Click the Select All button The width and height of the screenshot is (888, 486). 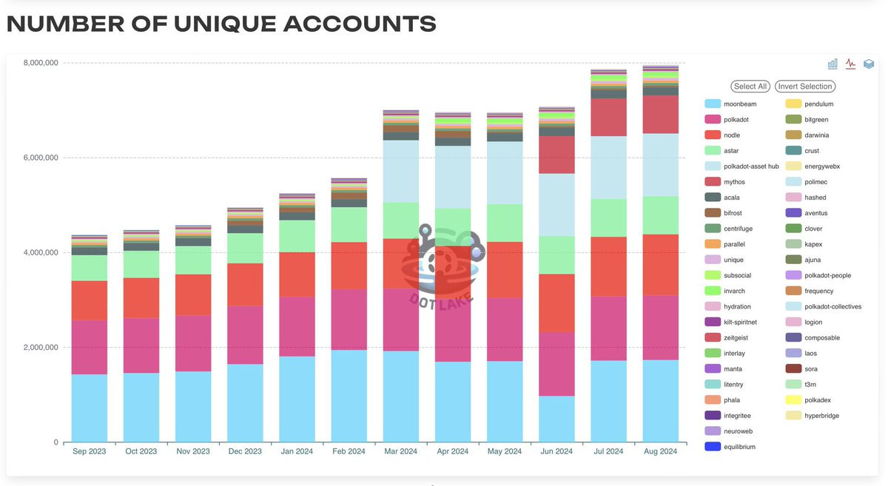click(750, 87)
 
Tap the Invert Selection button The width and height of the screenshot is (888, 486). click(805, 87)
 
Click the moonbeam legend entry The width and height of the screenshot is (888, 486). click(739, 104)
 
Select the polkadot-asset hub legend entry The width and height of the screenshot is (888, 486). click(750, 166)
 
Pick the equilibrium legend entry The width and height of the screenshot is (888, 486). click(739, 447)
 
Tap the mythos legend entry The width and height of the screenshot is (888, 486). click(735, 182)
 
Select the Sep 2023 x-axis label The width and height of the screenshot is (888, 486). click(90, 451)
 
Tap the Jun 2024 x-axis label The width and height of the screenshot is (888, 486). click(556, 451)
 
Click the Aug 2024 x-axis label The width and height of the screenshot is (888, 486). click(661, 451)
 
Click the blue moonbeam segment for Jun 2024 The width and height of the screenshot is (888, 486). click(556, 419)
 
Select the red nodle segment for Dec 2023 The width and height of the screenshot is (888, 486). click(245, 285)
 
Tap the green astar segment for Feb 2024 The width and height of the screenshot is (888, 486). click(349, 225)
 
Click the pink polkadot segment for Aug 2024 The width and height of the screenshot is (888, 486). click(661, 328)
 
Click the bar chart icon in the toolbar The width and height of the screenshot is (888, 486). click(832, 64)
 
